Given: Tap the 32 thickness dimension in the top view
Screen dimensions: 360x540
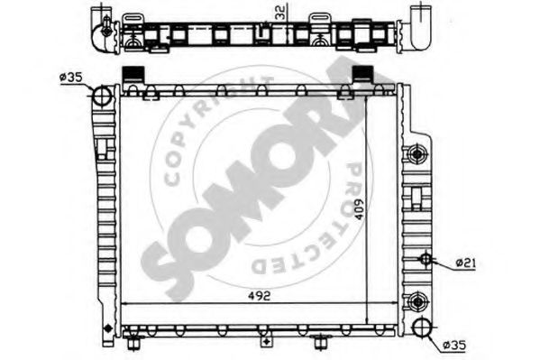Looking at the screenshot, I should point(283,13).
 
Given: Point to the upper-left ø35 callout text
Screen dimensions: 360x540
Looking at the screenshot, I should point(71,78).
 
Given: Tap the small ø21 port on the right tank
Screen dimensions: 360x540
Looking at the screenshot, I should point(426,262).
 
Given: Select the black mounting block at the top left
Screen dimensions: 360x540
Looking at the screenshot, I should point(134,75).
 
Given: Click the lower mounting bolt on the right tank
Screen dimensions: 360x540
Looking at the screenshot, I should point(417,300).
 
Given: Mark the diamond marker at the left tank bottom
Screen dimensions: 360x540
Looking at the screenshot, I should point(107,327).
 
